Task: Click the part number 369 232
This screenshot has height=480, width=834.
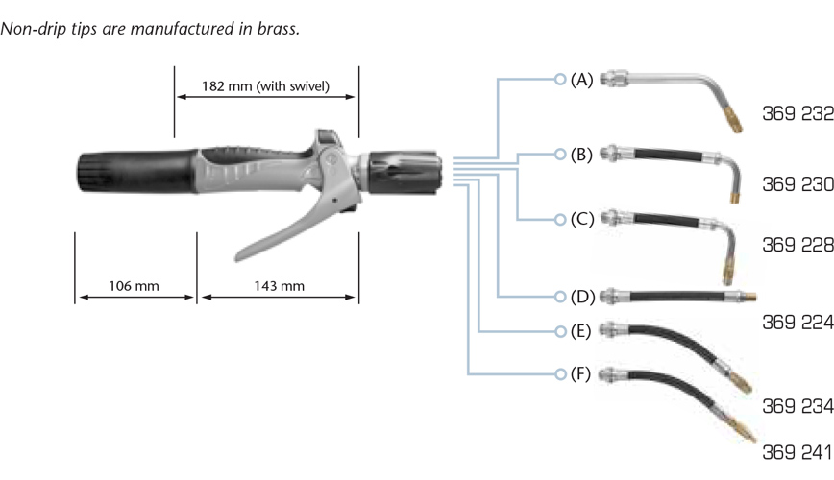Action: [x=797, y=112]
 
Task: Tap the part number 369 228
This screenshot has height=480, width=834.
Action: [x=797, y=247]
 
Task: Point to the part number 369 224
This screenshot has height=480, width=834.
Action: [x=797, y=323]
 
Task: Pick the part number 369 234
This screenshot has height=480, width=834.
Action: [x=797, y=406]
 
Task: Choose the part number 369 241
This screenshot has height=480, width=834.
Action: [x=797, y=450]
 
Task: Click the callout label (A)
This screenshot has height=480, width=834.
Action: [x=581, y=80]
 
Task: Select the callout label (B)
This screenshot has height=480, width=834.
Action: [x=581, y=153]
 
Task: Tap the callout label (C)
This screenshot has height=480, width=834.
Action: [x=581, y=219]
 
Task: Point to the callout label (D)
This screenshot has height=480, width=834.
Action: [x=581, y=295]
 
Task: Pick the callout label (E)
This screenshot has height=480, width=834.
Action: [x=581, y=332]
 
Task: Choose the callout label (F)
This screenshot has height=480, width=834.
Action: [x=581, y=372]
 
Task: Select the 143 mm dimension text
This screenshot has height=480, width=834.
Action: [x=279, y=286]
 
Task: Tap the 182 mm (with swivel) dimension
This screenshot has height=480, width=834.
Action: [x=265, y=85]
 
